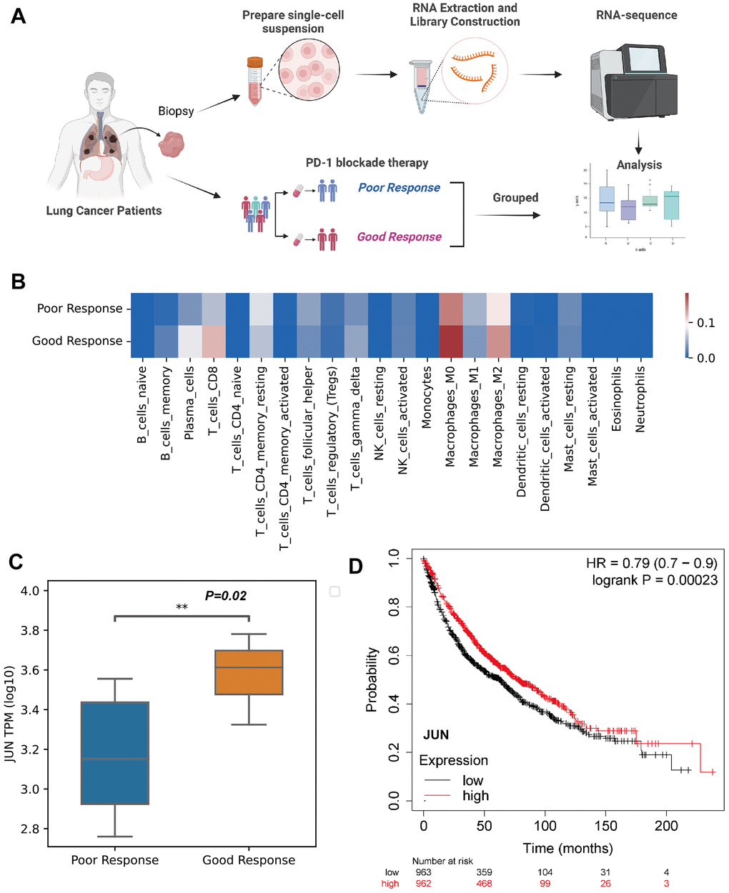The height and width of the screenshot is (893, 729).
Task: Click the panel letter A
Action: (19, 15)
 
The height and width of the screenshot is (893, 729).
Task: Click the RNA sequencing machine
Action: (633, 81)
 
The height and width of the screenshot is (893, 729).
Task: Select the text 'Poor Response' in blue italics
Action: (399, 188)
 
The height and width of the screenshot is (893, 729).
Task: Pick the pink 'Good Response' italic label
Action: (399, 237)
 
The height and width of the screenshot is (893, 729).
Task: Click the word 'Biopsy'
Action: (176, 111)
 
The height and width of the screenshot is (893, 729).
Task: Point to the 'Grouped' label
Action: (515, 198)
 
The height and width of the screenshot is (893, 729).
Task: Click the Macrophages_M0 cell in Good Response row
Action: (450, 341)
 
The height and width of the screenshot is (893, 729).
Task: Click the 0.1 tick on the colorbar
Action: (706, 323)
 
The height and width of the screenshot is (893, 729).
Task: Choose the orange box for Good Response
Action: (249, 672)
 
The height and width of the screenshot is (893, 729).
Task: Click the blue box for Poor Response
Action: (115, 753)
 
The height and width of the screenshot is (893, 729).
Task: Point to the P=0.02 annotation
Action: (226, 596)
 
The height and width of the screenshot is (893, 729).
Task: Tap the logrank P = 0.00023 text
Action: (655, 580)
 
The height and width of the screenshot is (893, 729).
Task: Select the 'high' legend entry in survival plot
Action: (475, 796)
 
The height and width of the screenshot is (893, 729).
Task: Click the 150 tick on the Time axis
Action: (605, 826)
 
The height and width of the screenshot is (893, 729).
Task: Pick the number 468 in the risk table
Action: (484, 884)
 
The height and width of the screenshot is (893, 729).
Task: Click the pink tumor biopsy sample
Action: (172, 144)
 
